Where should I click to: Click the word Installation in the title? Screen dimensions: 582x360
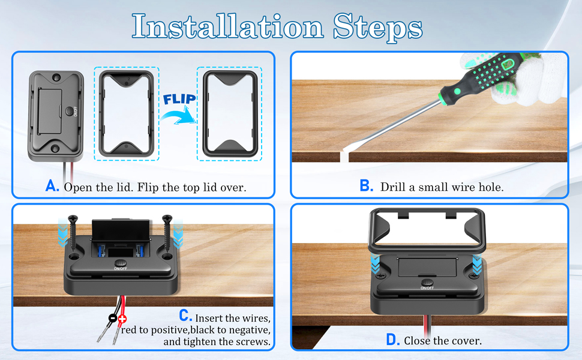227,26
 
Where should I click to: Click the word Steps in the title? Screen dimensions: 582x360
377,28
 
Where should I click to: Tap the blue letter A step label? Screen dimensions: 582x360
52,185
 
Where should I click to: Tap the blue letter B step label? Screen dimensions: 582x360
367,185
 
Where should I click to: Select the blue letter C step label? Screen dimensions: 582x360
185,316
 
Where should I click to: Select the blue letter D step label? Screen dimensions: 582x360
393,339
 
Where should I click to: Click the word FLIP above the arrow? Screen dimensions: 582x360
179,100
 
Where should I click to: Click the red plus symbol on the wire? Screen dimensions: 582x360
122,319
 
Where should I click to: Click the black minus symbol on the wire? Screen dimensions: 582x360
112,318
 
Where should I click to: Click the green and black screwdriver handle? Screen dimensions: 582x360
482,74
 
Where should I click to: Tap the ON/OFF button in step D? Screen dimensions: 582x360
427,283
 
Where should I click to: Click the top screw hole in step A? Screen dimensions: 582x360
56,77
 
